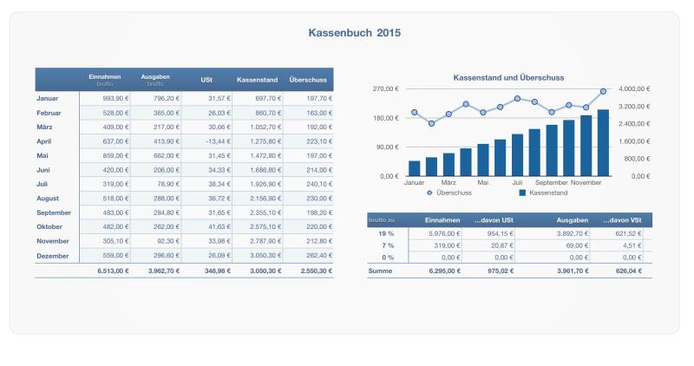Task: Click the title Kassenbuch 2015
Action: tap(354, 33)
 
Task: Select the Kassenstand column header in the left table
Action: tap(256, 81)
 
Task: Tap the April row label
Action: tap(45, 141)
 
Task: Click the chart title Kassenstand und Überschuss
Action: tap(508, 78)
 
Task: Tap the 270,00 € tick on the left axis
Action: tap(384, 89)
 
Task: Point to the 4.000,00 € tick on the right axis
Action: tap(634, 89)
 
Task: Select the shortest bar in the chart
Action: tap(415, 168)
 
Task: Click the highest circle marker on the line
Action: tap(603, 91)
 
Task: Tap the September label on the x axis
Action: tap(551, 183)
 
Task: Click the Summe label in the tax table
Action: tap(382, 271)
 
